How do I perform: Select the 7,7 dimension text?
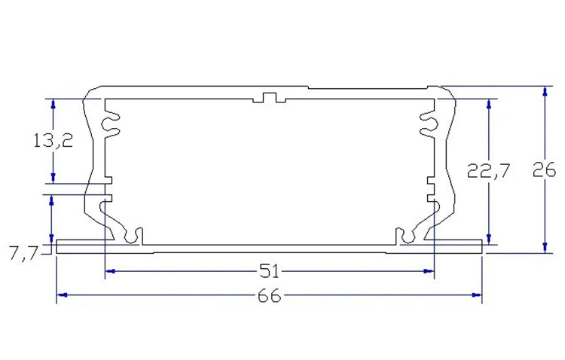point(23,255)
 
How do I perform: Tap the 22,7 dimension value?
point(489,171)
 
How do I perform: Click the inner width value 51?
point(270,270)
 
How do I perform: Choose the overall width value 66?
point(269,296)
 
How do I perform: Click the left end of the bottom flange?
point(59,247)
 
